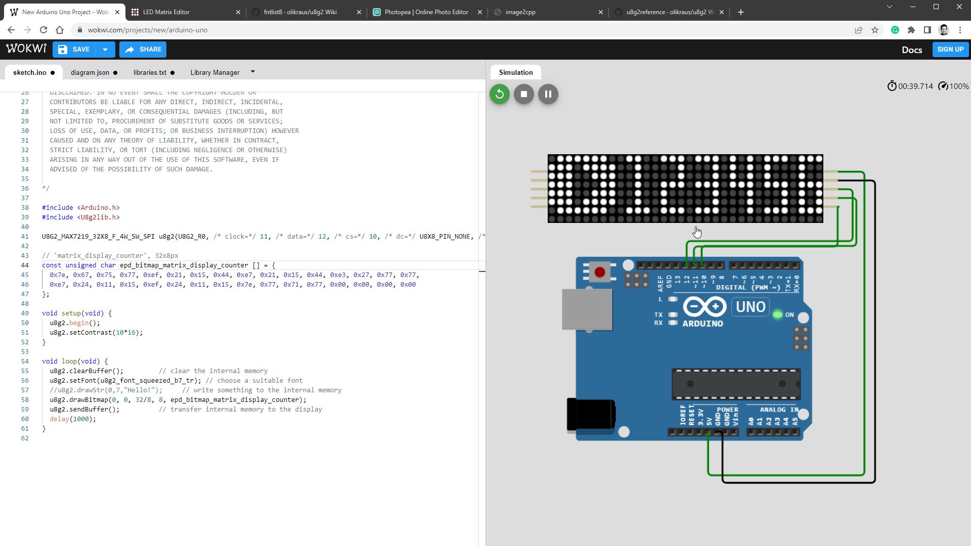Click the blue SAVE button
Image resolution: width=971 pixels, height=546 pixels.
pyautogui.click(x=74, y=50)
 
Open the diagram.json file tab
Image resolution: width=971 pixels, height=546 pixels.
pyautogui.click(x=90, y=72)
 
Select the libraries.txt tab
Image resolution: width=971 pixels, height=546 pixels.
pyautogui.click(x=150, y=72)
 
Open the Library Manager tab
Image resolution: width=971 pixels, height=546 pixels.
pyautogui.click(x=215, y=72)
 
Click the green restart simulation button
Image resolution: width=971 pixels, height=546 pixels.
pyautogui.click(x=500, y=94)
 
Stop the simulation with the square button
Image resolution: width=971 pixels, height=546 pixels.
pyautogui.click(x=524, y=94)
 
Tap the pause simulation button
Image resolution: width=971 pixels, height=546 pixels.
pyautogui.click(x=548, y=94)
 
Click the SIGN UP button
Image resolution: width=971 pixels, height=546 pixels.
pyautogui.click(x=950, y=50)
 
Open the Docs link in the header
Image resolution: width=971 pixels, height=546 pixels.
pyautogui.click(x=912, y=50)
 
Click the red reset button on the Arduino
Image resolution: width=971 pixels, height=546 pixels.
pyautogui.click(x=600, y=272)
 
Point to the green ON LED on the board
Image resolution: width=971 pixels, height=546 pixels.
pyautogui.click(x=778, y=315)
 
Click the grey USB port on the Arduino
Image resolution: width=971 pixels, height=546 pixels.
pyautogui.click(x=587, y=309)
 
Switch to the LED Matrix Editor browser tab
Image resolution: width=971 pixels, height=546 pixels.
pyautogui.click(x=166, y=12)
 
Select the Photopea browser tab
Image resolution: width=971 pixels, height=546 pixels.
pyautogui.click(x=426, y=12)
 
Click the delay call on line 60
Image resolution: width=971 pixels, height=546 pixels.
pyautogui.click(x=59, y=419)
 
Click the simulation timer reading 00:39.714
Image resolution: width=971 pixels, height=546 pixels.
pyautogui.click(x=915, y=86)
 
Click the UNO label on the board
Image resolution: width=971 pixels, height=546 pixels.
pyautogui.click(x=751, y=307)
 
